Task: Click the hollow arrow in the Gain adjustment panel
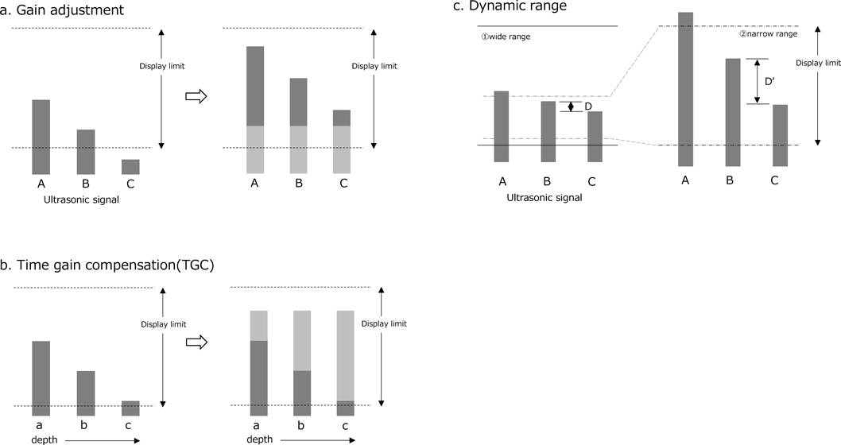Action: click(195, 96)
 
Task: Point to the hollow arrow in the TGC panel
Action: click(195, 342)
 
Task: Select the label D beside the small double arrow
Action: click(588, 106)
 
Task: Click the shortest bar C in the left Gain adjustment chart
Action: click(131, 166)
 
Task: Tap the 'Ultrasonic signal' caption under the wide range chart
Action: click(544, 197)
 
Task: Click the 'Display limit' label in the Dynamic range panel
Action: click(817, 62)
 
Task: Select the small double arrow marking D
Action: click(571, 106)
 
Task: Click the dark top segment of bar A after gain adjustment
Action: click(255, 86)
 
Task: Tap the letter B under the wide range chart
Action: click(548, 181)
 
